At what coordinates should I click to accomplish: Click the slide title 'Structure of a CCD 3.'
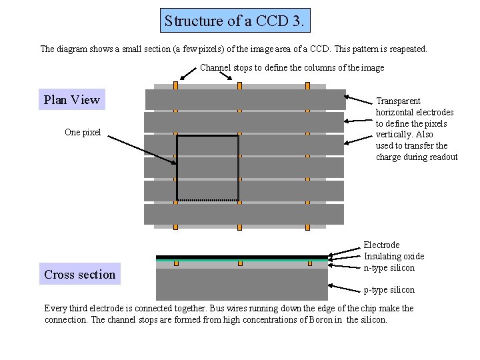[x=235, y=21]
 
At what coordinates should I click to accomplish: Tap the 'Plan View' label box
[x=71, y=100]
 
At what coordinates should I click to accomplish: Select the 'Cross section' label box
[x=79, y=274]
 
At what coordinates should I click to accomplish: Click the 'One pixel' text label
[x=83, y=132]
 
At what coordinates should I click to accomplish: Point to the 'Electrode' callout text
[x=381, y=245]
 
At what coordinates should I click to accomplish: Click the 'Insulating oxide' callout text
[x=393, y=257]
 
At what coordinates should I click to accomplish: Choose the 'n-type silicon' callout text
[x=389, y=268]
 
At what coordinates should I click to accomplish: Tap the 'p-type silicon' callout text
[x=389, y=289]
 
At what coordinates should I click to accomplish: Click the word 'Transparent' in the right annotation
[x=398, y=101]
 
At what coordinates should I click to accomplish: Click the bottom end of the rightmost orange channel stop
[x=308, y=227]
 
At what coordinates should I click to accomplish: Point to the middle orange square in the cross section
[x=240, y=263]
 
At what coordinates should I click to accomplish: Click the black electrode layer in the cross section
[x=242, y=257]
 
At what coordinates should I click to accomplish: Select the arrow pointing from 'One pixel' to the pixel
[x=140, y=149]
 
